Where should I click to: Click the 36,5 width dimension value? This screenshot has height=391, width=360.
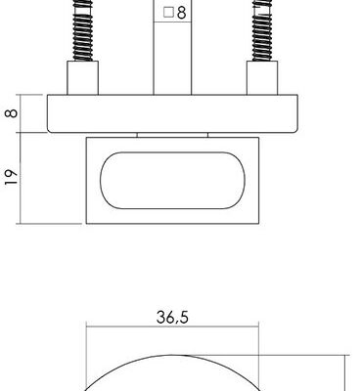tap(172, 317)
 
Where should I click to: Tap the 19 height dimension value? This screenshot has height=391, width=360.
tap(12, 177)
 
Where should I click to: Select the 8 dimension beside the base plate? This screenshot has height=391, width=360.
tap(12, 113)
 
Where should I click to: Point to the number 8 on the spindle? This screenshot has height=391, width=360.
tap(181, 13)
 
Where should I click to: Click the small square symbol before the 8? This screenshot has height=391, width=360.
tap(168, 13)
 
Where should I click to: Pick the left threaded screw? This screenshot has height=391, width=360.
tap(83, 30)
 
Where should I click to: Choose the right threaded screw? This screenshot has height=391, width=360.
tap(262, 30)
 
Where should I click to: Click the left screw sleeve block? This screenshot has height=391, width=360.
tap(83, 77)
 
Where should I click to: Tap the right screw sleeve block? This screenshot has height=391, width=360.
tap(262, 77)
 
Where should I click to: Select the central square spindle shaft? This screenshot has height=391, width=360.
tap(172, 48)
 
